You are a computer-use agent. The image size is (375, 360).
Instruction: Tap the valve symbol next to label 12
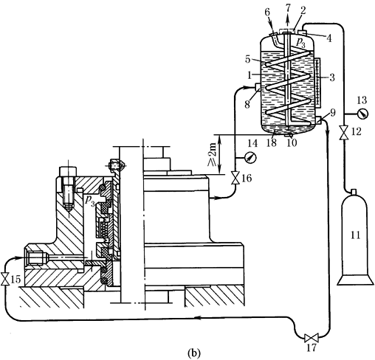[x=343, y=133]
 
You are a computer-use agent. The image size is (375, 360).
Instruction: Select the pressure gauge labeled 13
[x=363, y=114]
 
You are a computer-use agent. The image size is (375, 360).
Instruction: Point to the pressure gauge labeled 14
[x=250, y=157]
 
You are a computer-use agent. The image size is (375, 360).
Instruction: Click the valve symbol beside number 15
[x=5, y=279]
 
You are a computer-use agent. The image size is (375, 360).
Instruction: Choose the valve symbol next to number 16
[x=235, y=178]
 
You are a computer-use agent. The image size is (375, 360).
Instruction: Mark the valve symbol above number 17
[x=312, y=338]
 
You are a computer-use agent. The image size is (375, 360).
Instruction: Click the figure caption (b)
[x=194, y=353]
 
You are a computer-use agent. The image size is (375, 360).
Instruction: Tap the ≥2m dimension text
[x=212, y=154]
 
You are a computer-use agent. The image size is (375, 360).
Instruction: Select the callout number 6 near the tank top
[x=267, y=12]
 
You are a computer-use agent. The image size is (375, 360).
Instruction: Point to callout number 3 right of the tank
[x=332, y=77]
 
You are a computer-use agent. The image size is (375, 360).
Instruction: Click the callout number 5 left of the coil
[x=248, y=60]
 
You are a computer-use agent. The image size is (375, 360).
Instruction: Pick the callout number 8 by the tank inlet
[x=247, y=104]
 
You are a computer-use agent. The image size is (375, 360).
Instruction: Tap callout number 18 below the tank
[x=272, y=143]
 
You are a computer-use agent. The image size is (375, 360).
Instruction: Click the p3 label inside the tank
[x=301, y=43]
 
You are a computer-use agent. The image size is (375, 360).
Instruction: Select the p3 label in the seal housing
[x=90, y=201]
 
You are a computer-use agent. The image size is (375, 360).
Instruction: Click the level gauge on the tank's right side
[x=317, y=83]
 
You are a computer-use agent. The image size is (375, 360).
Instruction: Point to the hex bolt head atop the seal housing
[x=68, y=172]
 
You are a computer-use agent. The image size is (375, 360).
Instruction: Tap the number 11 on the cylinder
[x=354, y=235]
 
